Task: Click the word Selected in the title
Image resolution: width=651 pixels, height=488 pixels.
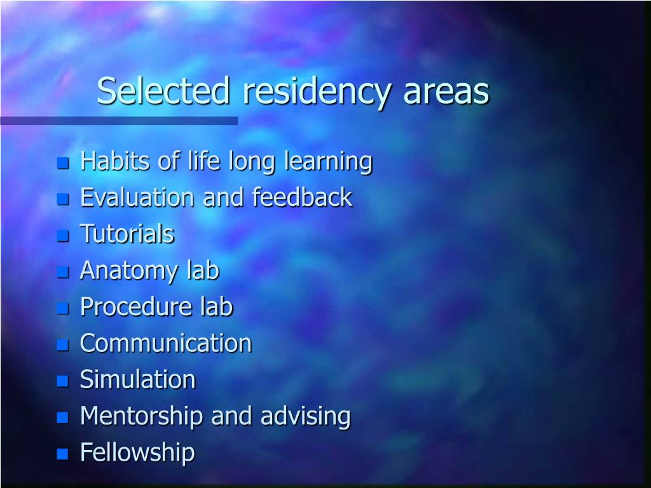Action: (162, 91)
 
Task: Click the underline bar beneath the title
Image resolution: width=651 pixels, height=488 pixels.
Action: (119, 121)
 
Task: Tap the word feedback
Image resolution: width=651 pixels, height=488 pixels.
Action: (302, 198)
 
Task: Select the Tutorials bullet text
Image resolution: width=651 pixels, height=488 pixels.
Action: (127, 234)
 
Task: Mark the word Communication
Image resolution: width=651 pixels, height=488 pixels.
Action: (165, 343)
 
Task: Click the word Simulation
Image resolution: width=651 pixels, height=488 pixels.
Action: (137, 380)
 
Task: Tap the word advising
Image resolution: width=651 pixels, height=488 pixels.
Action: (305, 417)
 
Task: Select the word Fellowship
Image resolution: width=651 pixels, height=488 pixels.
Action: (137, 453)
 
